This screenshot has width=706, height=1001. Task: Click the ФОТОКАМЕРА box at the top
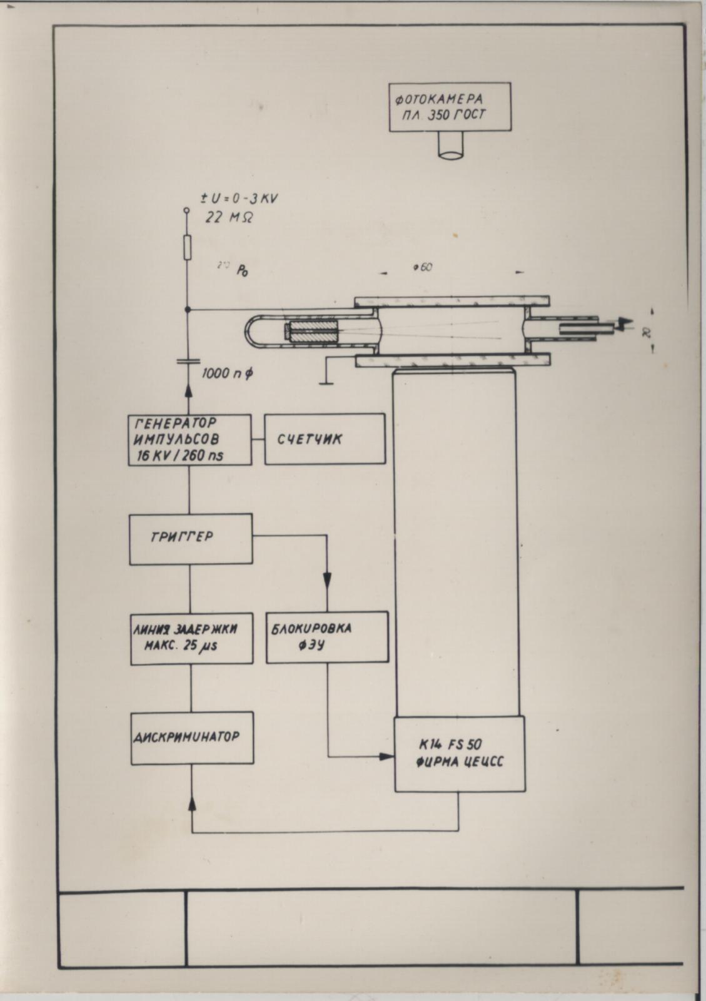(x=450, y=106)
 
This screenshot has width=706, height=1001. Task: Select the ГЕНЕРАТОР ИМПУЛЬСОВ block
(x=189, y=439)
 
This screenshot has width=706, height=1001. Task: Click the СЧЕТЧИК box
(x=325, y=439)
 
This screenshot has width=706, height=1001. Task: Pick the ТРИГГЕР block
(x=191, y=538)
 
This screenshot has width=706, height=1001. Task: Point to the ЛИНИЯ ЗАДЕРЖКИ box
(x=191, y=638)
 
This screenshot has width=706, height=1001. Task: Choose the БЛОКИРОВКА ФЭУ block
(x=326, y=637)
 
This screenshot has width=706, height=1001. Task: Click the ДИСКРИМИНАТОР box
(x=192, y=737)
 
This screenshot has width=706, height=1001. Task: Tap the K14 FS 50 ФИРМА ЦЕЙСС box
(x=460, y=754)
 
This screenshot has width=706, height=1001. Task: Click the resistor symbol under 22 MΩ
(x=187, y=248)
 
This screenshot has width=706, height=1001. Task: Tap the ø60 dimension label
(x=423, y=268)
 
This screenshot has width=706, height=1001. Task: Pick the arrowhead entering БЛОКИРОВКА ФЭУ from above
(x=326, y=580)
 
